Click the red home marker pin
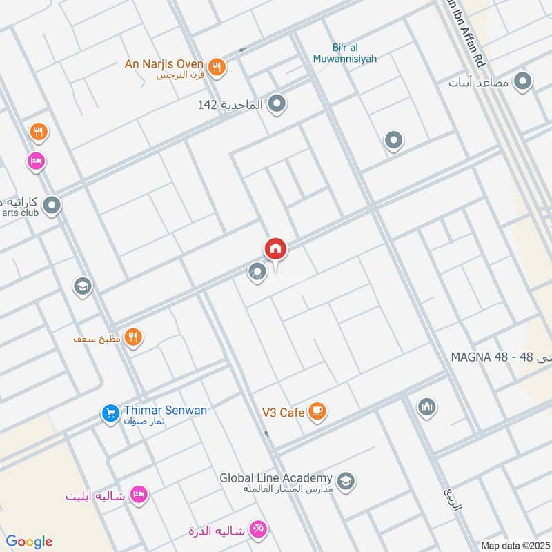pos(275,249)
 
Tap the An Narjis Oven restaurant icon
pos(217,67)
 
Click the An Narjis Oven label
pos(164,65)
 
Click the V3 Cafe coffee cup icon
pos(317,412)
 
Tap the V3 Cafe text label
pos(283,413)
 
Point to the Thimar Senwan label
pos(165,410)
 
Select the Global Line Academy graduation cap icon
pos(346,481)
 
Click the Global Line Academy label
pos(276,477)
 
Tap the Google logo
pos(29,541)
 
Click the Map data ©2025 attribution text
pos(514,545)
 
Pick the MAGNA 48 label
pos(480,357)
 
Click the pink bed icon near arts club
pos(36,161)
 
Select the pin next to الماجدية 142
pos(277,105)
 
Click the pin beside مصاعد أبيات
pos(524,83)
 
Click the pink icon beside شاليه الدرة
pos(259,530)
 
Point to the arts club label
pos(21,213)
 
